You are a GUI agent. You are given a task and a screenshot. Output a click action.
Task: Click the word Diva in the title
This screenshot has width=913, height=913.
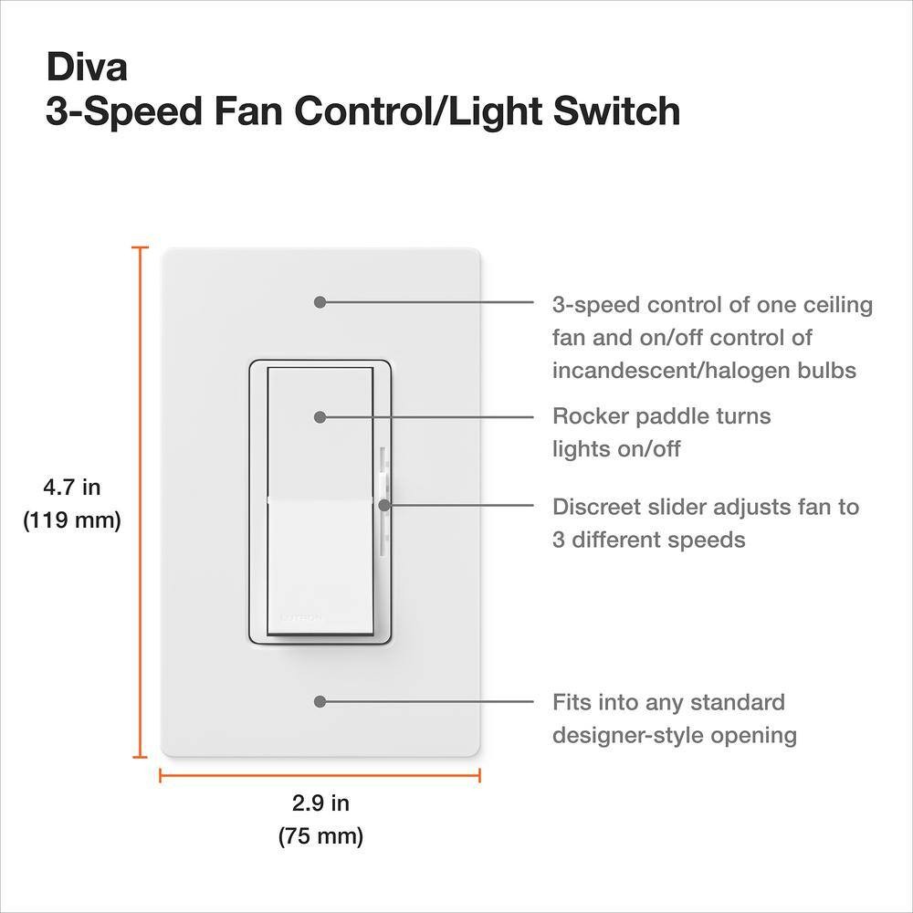pos(87,67)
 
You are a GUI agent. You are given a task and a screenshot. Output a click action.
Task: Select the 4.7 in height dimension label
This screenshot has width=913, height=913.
pos(72,487)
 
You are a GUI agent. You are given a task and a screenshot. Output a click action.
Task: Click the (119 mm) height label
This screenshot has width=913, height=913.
pos(72,520)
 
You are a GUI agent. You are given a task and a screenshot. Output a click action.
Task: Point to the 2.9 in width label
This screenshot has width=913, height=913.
pos(320,803)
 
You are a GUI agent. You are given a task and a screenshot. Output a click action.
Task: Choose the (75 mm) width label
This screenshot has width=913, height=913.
pos(320,836)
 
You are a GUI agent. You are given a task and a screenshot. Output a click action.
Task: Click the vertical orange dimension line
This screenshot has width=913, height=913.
pos(140,502)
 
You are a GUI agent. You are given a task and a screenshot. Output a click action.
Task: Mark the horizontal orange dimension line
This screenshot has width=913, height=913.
pos(320,775)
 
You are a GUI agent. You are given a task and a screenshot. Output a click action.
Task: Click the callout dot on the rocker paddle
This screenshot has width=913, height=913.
pos(320,417)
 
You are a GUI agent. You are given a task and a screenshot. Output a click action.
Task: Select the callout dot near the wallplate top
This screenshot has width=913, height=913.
pos(320,301)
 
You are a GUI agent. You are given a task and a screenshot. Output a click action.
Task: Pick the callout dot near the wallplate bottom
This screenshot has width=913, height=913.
pos(320,701)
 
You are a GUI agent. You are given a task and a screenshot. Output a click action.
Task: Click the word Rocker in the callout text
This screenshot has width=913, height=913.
pos(590,415)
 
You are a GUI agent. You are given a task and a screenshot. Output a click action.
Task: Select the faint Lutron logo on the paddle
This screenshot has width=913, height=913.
pos(301,617)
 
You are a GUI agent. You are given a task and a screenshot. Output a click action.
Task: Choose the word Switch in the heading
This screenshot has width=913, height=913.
pos(616,110)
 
